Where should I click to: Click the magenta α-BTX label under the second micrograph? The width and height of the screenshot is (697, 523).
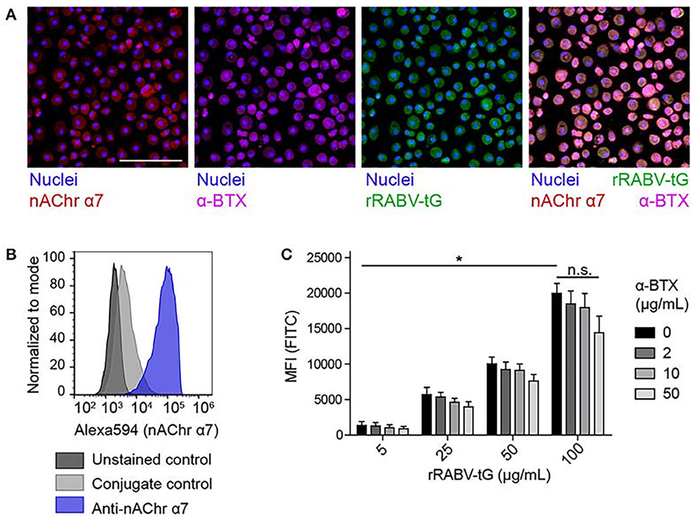tap(222, 200)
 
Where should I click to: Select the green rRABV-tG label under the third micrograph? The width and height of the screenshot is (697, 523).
tap(403, 200)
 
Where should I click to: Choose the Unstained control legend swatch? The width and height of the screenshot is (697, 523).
tap(69, 460)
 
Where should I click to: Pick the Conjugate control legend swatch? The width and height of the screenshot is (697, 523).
tap(69, 483)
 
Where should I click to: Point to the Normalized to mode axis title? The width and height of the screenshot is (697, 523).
tap(33, 324)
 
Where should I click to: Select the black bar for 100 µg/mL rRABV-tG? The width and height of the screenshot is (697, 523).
tap(557, 364)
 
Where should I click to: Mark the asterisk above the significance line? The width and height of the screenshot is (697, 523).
tap(459, 259)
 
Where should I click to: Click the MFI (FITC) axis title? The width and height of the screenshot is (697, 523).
tap(292, 346)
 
